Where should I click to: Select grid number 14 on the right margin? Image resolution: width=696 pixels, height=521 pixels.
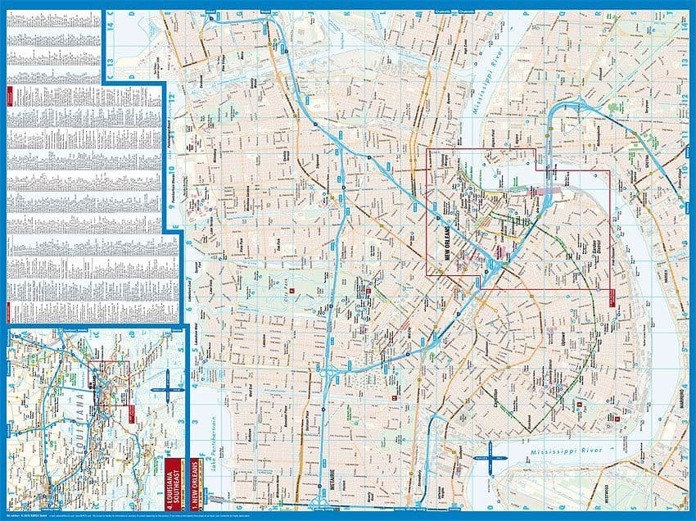(683, 25)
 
